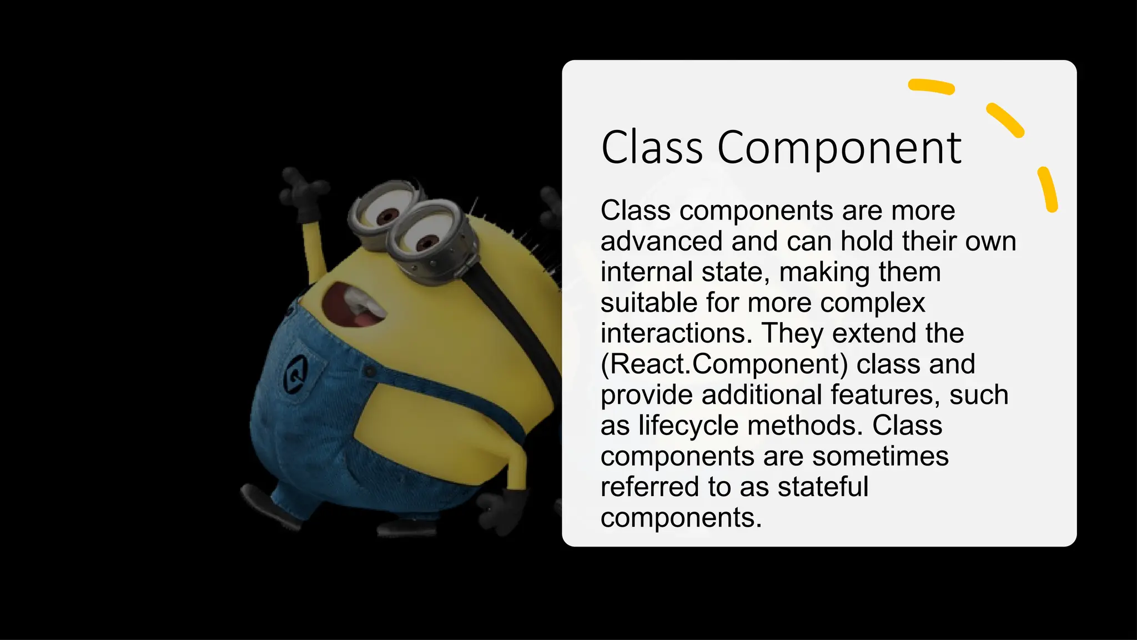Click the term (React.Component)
725,364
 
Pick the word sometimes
880,456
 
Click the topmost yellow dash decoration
931,87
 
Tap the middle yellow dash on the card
1005,119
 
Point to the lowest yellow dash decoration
1048,189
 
